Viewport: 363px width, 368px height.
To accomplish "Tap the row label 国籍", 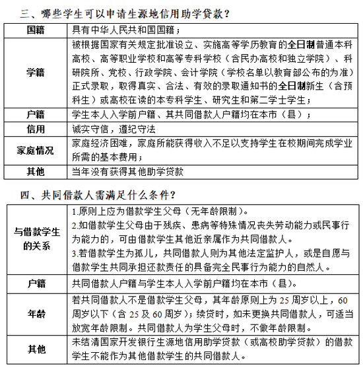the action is click(36, 31).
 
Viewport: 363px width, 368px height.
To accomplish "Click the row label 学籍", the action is click(36, 72).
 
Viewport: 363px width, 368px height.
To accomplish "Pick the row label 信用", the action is click(36, 128).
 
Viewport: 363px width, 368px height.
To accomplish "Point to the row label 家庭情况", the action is click(36, 150).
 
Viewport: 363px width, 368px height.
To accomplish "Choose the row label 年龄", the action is click(36, 314).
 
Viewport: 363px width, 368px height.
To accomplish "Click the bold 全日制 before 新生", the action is click(292, 86).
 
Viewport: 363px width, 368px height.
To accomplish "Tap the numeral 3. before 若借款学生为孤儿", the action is click(75, 252).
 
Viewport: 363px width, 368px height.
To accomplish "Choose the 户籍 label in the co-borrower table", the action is click(36, 284).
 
